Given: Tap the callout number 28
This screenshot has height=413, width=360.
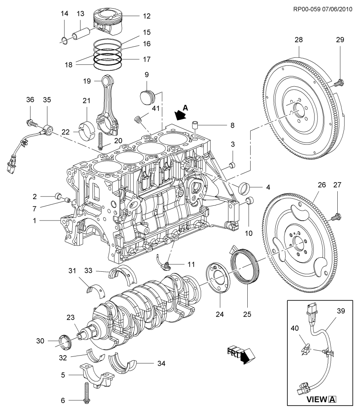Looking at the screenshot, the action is tap(298, 40).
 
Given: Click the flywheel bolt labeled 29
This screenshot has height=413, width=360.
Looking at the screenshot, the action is tap(339, 83).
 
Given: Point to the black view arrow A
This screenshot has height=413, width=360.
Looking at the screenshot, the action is tap(180, 115).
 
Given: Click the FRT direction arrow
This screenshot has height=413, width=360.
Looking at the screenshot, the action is tap(242, 354).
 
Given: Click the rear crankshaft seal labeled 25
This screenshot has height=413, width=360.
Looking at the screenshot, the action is tap(245, 267).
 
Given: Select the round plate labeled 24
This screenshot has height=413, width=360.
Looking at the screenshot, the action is tap(218, 278).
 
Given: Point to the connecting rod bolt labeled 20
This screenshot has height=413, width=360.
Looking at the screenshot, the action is tap(100, 141).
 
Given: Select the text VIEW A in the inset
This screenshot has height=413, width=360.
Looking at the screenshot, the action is tap(321, 399).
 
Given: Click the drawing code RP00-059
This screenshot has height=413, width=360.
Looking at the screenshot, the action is tap(307, 9).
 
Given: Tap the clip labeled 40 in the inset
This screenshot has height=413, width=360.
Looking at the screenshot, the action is tap(306, 349).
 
